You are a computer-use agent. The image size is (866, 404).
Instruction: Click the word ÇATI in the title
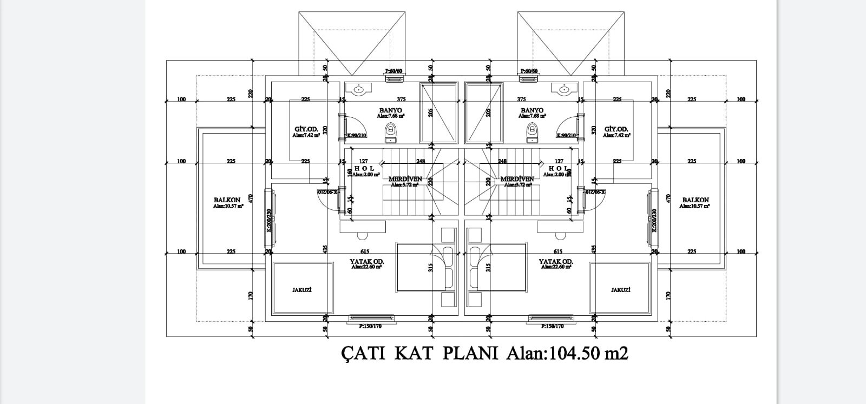[x=363, y=354]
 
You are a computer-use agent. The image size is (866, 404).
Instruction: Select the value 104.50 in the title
[x=574, y=354]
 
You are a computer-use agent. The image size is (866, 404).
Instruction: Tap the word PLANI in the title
[x=470, y=354]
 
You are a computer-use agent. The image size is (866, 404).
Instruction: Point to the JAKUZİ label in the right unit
[x=620, y=290]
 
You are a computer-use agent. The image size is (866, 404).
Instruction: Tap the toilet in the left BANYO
[x=390, y=131]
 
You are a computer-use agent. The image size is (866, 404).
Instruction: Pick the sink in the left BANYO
[x=359, y=90]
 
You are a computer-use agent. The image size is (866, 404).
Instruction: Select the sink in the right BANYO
[x=564, y=90]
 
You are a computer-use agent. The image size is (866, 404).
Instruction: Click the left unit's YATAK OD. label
[x=367, y=262]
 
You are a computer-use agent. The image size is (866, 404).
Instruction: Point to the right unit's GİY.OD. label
[x=616, y=129]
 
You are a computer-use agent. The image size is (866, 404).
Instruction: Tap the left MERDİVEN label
[x=405, y=179]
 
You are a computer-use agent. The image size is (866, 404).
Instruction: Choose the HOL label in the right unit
[x=560, y=168]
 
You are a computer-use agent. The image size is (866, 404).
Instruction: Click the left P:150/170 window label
[x=370, y=326]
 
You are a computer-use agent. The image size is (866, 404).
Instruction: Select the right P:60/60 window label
[x=529, y=71]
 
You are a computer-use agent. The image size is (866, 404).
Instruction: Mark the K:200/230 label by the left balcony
[x=268, y=220]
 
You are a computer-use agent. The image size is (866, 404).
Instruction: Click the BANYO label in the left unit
[x=391, y=110]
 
